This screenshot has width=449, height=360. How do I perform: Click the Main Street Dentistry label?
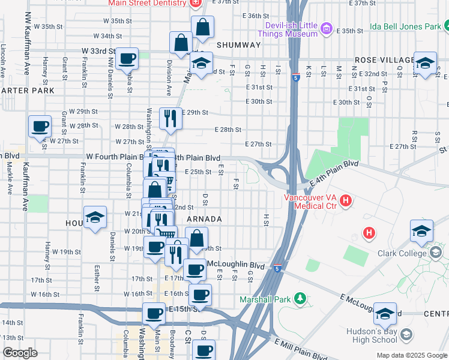coord(147,3)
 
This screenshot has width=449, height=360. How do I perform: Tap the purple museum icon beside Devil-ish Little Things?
coord(327,28)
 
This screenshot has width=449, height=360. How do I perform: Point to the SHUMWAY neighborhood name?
coord(238,45)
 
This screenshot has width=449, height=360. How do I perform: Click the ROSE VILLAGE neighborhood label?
coord(385,60)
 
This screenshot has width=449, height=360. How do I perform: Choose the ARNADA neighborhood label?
coord(204,220)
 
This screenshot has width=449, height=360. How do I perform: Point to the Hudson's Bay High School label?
coord(372,335)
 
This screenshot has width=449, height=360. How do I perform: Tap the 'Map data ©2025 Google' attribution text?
coord(411,355)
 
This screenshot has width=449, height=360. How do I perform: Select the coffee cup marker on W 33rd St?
coord(127,59)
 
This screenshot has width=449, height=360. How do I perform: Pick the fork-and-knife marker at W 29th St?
coord(170,119)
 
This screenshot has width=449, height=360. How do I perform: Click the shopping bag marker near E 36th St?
coord(202,27)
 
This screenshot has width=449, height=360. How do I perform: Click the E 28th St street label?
coord(228,130)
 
